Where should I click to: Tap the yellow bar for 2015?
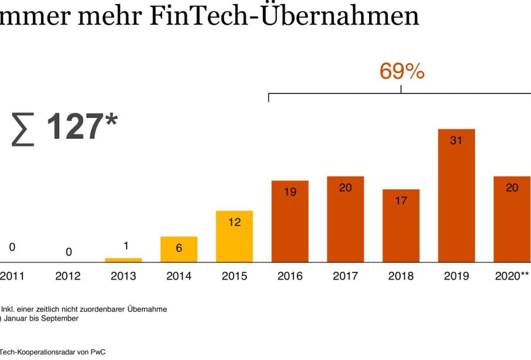234,237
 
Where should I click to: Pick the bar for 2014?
179,250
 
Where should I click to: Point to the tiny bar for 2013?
123,260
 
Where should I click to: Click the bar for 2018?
401,226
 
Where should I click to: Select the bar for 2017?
345,219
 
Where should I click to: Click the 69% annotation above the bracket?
402,71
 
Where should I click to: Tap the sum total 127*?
65,127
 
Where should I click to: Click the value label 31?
456,140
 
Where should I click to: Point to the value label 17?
401,200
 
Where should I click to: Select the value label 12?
234,222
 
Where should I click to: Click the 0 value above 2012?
68,252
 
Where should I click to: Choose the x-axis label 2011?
12,276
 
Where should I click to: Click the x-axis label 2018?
401,276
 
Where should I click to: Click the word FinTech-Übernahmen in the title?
284,16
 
